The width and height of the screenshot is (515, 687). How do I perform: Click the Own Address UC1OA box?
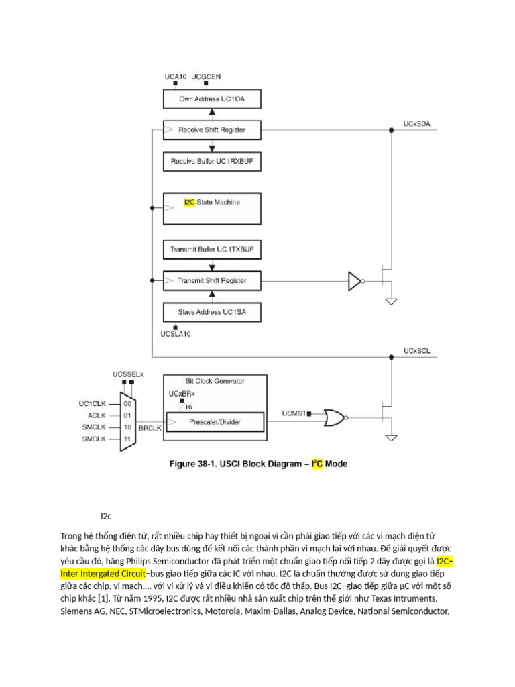pyautogui.click(x=211, y=99)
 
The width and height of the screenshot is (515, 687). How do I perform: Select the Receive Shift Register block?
pyautogui.click(x=211, y=129)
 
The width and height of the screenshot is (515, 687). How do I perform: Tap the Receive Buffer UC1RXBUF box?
pyautogui.click(x=211, y=161)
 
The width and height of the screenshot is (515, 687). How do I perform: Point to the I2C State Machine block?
pyautogui.click(x=211, y=209)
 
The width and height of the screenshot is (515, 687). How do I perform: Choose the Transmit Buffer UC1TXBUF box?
pyautogui.click(x=211, y=250)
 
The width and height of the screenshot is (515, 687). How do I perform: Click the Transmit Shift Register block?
pyautogui.click(x=211, y=280)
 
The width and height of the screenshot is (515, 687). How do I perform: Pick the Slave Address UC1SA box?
pyautogui.click(x=211, y=312)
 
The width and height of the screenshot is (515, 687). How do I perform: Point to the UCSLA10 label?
pyautogui.click(x=176, y=333)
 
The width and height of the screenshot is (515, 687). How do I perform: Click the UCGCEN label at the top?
pyautogui.click(x=206, y=77)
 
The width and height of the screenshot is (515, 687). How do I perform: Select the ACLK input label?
pyautogui.click(x=98, y=415)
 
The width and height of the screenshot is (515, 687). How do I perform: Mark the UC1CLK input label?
pyautogui.click(x=93, y=403)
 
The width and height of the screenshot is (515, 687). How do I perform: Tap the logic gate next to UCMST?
pyautogui.click(x=333, y=418)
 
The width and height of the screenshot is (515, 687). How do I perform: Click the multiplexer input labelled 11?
pyautogui.click(x=126, y=439)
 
